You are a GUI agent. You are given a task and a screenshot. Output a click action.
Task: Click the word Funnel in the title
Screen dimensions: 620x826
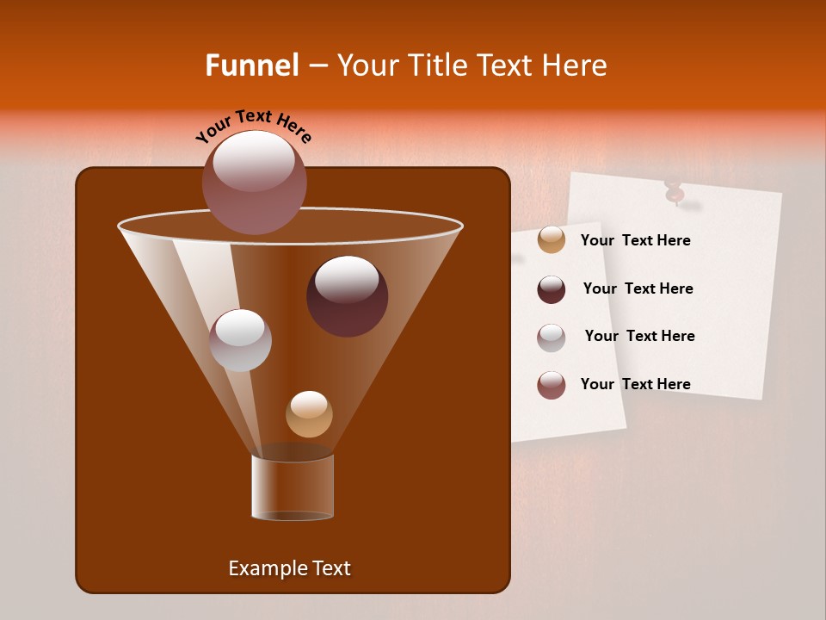click(x=251, y=65)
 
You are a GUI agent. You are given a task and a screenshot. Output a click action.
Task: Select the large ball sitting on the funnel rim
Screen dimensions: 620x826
click(x=254, y=182)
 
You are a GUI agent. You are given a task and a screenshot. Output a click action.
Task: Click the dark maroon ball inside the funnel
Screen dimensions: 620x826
click(x=347, y=295)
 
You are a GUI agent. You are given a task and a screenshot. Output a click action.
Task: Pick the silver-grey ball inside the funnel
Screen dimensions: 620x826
click(x=240, y=340)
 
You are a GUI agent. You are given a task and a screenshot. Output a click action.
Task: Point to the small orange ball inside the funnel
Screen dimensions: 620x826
click(x=309, y=414)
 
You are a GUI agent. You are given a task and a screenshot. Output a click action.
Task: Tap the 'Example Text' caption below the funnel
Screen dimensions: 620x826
click(x=289, y=568)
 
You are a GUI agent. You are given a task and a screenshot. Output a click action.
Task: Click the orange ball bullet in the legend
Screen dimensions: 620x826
click(x=552, y=240)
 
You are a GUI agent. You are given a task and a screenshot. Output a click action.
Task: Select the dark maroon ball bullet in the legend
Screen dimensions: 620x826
click(x=552, y=288)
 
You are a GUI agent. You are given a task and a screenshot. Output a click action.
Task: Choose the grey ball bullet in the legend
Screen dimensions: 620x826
click(x=552, y=337)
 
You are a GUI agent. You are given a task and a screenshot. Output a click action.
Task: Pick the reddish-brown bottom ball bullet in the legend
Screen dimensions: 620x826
click(x=552, y=384)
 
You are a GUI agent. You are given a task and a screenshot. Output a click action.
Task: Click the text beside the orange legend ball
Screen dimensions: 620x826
click(x=635, y=241)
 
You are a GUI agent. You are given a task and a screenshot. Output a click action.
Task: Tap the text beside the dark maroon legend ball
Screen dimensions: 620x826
click(x=638, y=289)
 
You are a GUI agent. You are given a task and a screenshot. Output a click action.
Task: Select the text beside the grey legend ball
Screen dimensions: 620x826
click(x=639, y=337)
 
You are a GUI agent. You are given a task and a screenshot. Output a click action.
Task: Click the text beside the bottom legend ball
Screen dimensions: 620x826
click(x=635, y=385)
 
